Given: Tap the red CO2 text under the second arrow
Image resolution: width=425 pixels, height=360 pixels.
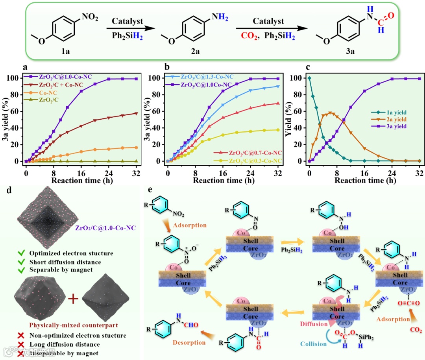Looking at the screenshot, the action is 249,36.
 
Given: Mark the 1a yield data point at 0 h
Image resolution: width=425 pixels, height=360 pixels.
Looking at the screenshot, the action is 309,78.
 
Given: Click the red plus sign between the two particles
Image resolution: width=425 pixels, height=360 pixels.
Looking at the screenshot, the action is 72,299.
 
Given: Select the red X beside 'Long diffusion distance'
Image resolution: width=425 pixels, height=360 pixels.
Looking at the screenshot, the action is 22,344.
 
